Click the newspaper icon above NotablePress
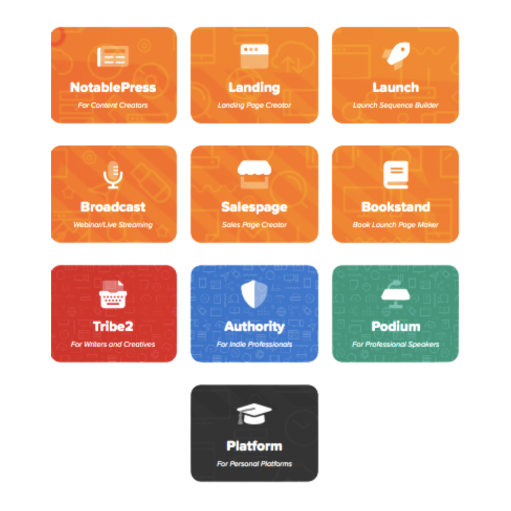coord(113,56)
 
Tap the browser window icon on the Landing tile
coord(254,56)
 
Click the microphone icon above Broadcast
coord(113,175)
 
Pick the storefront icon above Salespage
coord(254,174)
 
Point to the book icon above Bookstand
coord(396,175)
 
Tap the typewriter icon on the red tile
coord(113,294)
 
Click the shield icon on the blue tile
coord(254,294)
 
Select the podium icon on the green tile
coord(396,294)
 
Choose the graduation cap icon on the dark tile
coord(254,414)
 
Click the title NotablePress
coord(113,87)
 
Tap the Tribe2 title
coord(113,326)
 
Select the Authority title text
coord(254,327)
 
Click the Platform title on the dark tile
coord(254,446)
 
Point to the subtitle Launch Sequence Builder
coord(396,105)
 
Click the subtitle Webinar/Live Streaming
coord(113,225)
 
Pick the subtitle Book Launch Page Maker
coord(396,225)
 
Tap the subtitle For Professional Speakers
coord(396,344)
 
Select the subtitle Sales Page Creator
coord(254,225)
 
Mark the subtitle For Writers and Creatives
coord(113,344)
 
